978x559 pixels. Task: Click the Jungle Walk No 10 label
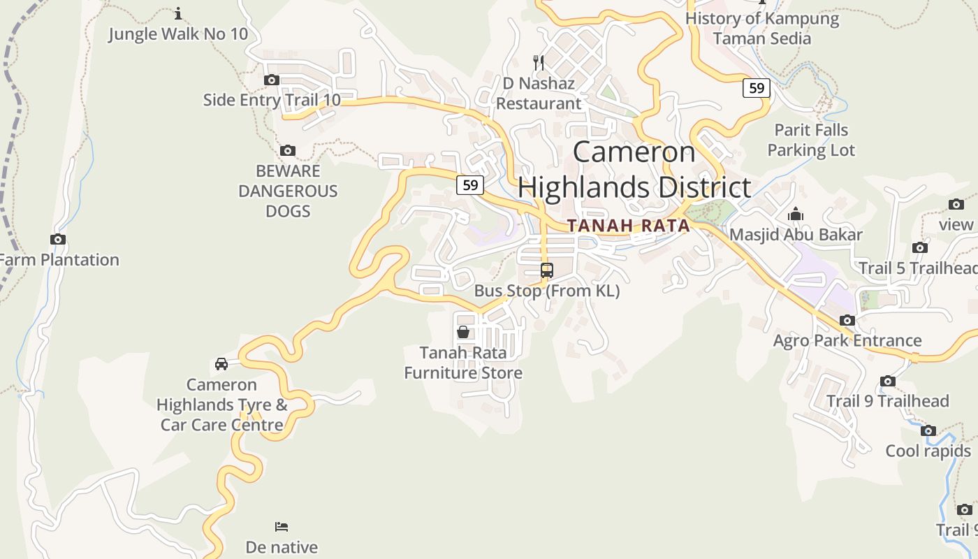[177, 34]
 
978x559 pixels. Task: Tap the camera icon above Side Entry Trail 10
[272, 80]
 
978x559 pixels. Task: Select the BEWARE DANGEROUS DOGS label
[288, 191]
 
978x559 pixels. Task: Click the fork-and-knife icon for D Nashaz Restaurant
[539, 63]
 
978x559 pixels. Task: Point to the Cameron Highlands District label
[634, 170]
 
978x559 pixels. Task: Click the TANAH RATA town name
[628, 226]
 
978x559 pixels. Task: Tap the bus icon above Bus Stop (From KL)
[547, 270]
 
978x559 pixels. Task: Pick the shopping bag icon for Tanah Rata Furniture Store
[462, 332]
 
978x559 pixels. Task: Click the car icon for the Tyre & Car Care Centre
[221, 364]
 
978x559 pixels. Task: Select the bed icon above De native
[282, 527]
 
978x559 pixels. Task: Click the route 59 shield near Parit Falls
[756, 88]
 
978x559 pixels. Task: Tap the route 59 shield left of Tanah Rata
[470, 185]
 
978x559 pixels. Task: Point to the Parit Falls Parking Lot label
[811, 140]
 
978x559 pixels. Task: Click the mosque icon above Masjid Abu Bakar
[796, 215]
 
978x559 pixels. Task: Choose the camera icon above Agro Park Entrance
[847, 321]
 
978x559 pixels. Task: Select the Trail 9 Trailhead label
[887, 401]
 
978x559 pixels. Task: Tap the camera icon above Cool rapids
[928, 431]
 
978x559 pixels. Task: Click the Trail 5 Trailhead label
[917, 268]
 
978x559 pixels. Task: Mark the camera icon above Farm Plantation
[58, 240]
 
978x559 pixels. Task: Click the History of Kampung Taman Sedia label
[762, 28]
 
